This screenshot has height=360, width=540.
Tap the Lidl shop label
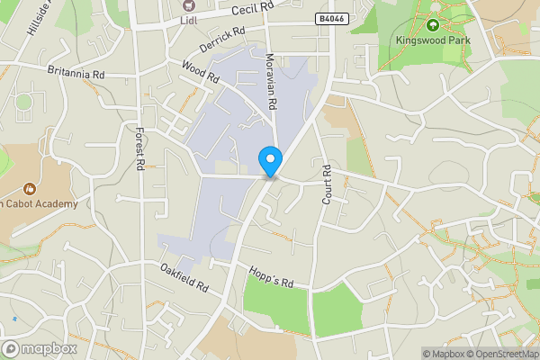pos(188,20)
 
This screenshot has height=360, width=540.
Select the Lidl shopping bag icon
pos(188,5)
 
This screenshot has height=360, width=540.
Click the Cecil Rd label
pos(251,10)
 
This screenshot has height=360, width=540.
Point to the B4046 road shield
pos(331,18)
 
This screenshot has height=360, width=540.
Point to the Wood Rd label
pos(200,72)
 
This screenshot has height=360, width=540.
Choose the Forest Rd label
pos(139,149)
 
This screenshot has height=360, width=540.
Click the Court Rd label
pos(328,184)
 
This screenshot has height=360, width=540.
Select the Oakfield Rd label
pos(184,279)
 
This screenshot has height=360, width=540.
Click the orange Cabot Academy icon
pos(30,189)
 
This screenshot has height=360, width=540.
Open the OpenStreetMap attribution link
pos(500,354)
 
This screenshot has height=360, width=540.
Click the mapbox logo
pos(40,348)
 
